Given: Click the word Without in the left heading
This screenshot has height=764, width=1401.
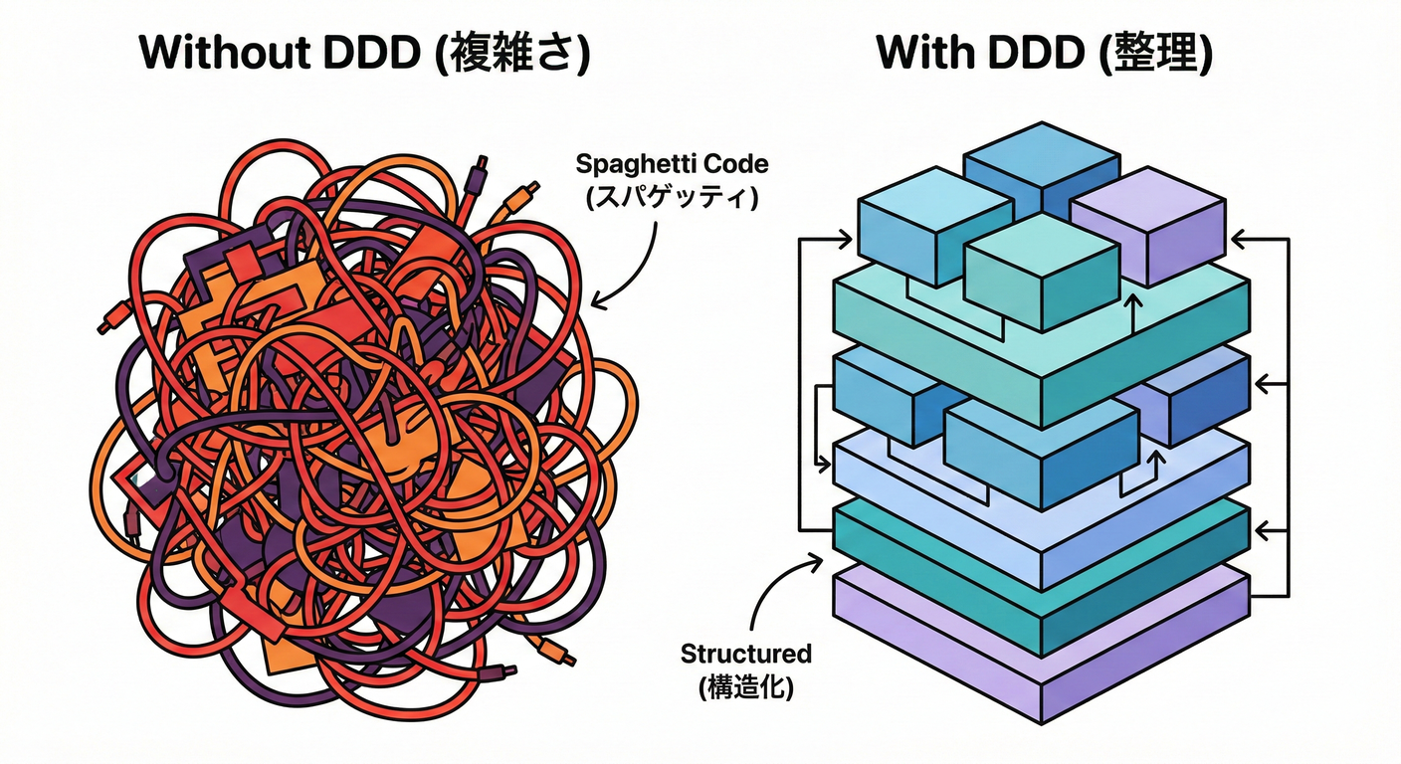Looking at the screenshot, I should pyautogui.click(x=212, y=53).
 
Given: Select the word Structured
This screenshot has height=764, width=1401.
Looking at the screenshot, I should pyautogui.click(x=745, y=654).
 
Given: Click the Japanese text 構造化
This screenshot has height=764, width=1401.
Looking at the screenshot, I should pyautogui.click(x=746, y=686).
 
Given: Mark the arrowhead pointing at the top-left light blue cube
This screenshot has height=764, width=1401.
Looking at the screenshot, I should pyautogui.click(x=846, y=238).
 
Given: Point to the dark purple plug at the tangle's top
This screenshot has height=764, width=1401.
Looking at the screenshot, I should pyautogui.click(x=482, y=164).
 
